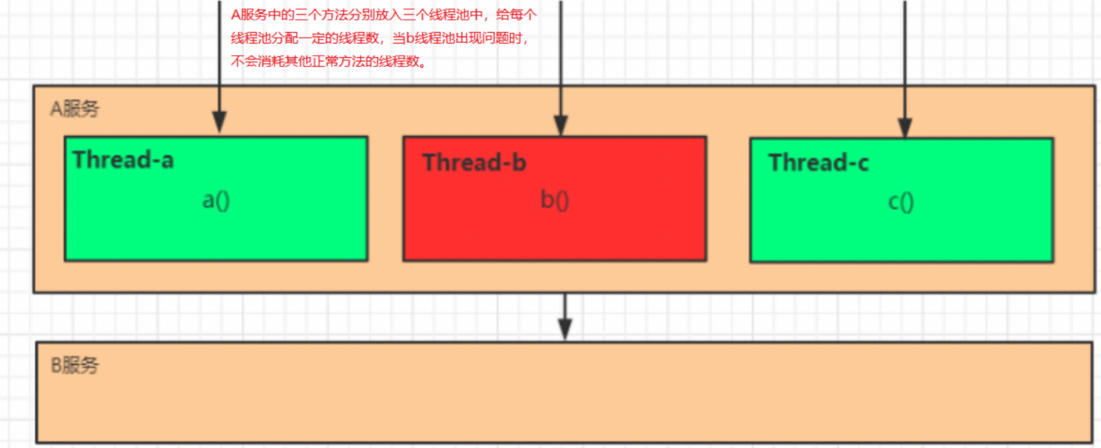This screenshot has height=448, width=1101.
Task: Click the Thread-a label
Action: [x=123, y=160]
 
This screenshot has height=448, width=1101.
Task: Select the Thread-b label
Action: [x=474, y=163]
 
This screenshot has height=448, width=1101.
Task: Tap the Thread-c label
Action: [x=818, y=163]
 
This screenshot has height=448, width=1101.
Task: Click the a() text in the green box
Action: [x=216, y=200]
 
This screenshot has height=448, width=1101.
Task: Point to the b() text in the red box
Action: [x=554, y=200]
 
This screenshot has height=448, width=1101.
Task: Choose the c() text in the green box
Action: [x=900, y=202]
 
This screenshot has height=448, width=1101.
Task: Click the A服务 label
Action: [x=75, y=109]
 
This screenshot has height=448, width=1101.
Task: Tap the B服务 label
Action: [x=75, y=366]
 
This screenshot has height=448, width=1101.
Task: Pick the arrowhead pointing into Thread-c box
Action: [x=904, y=127]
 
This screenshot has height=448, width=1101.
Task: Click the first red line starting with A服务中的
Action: [x=383, y=14]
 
